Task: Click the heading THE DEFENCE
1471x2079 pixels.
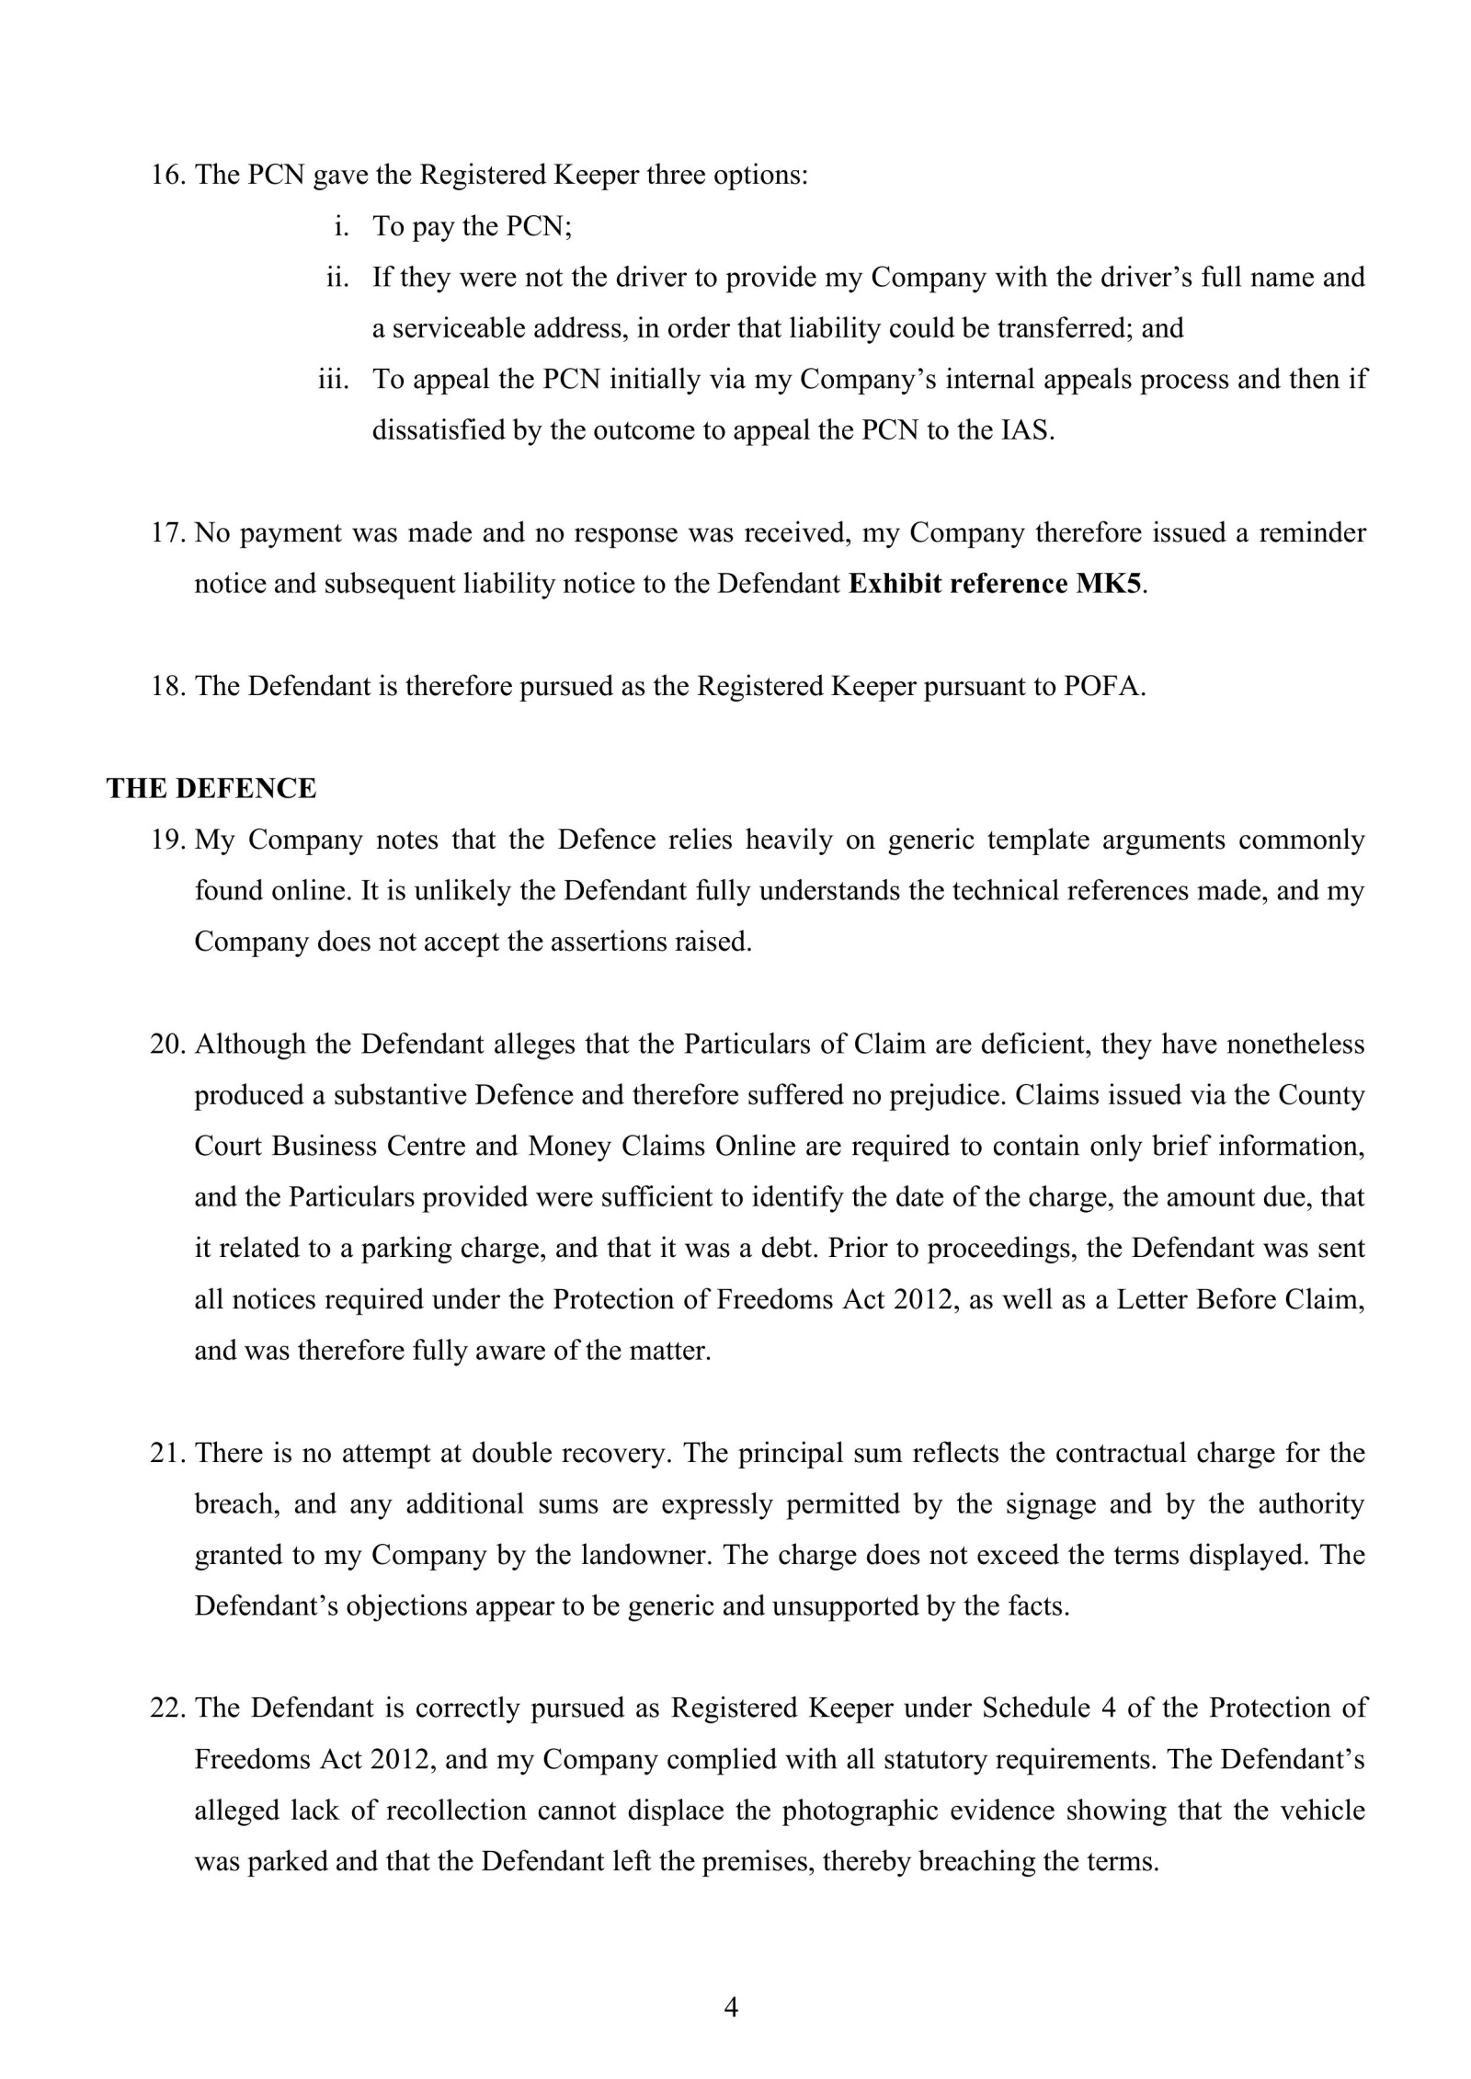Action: (211, 789)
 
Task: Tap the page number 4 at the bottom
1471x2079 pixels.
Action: (731, 2007)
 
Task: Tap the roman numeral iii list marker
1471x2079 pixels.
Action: (334, 380)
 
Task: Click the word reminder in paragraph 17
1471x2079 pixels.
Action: (1311, 532)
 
